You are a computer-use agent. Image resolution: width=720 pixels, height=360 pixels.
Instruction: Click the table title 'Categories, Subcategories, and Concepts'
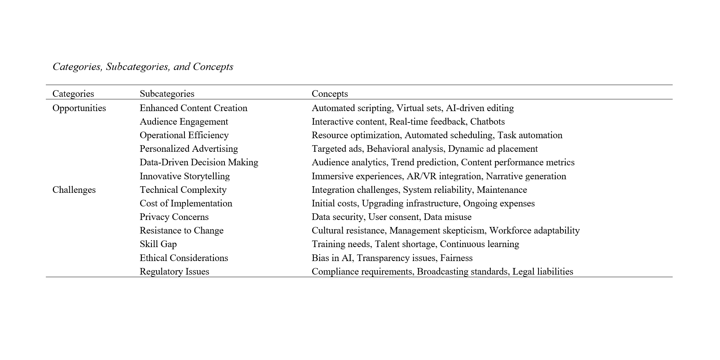pos(143,67)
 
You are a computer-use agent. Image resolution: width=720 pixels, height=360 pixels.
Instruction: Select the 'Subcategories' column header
pos(167,94)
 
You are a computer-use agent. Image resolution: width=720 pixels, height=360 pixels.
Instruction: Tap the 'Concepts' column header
pos(330,94)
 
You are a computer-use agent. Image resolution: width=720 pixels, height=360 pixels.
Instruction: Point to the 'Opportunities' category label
pos(79,108)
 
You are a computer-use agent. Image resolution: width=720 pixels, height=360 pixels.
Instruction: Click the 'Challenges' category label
pos(74,190)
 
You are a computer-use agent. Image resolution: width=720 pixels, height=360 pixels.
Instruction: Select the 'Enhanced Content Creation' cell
pos(193,108)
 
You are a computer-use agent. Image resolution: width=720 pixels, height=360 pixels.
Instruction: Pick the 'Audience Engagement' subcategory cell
pos(184,122)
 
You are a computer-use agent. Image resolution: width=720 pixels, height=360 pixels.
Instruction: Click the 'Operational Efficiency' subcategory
pos(184,135)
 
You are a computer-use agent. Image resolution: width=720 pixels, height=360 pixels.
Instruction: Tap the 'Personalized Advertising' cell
pos(189,149)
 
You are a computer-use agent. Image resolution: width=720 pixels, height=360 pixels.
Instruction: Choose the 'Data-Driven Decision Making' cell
pos(199,162)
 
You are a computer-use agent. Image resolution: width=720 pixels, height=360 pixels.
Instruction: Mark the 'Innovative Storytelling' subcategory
pos(184,176)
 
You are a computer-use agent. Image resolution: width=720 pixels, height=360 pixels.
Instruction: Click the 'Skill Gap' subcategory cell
pos(158,244)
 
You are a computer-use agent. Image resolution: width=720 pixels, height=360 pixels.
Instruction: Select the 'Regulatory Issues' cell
pos(174,272)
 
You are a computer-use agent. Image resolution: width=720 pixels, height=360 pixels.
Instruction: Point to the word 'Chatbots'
pos(487,122)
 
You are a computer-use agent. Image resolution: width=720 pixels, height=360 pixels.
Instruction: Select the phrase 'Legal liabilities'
pos(542,272)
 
